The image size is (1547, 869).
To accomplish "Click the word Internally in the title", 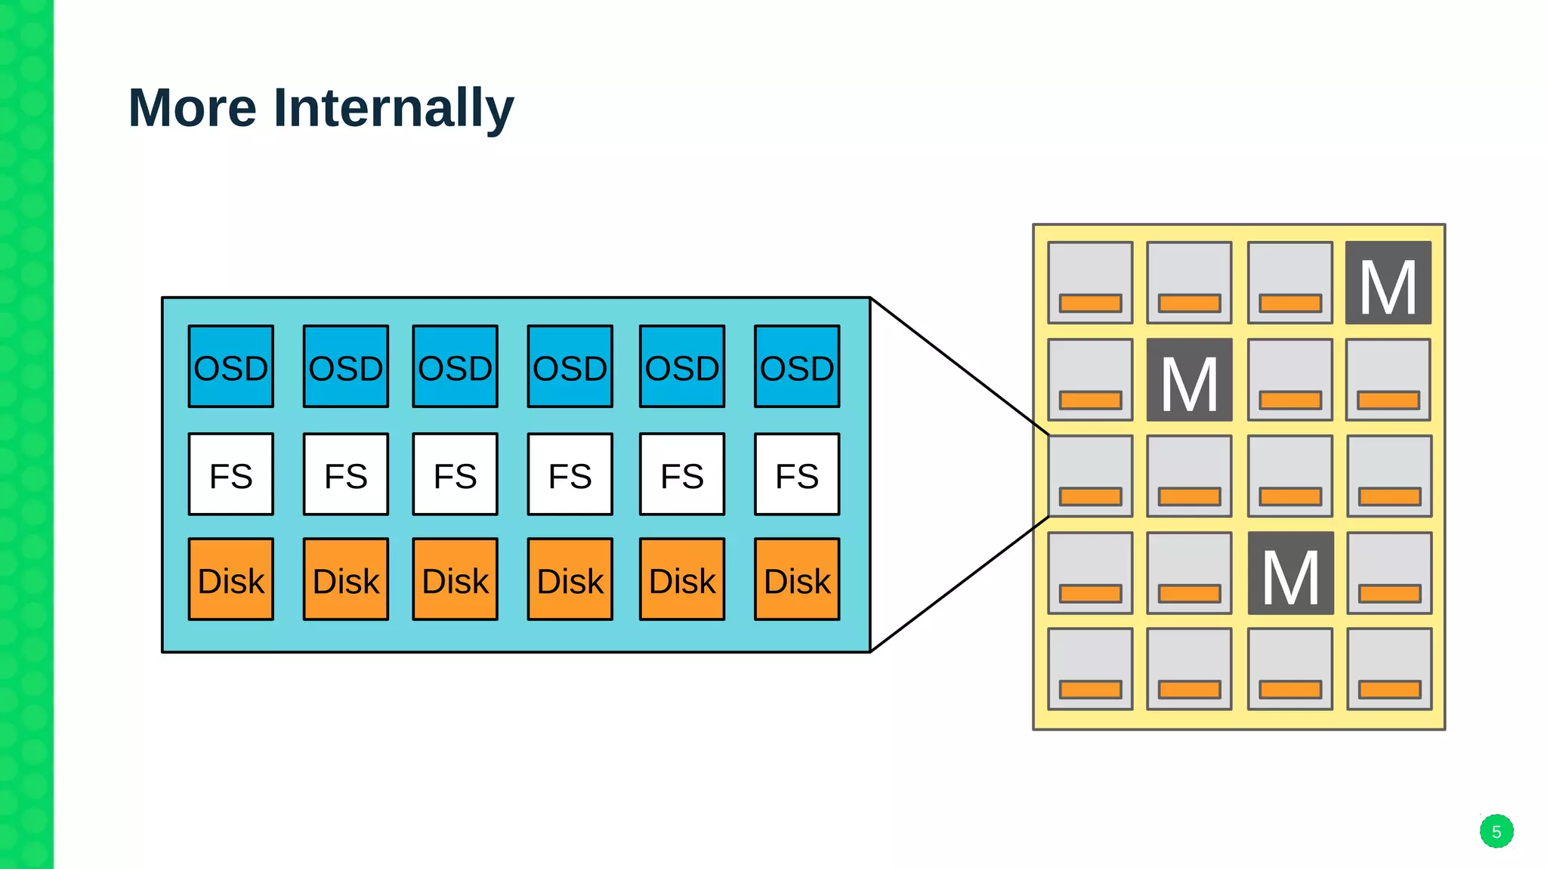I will tap(393, 108).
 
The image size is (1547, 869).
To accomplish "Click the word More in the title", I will tap(193, 108).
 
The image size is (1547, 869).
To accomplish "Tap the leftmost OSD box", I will tap(231, 366).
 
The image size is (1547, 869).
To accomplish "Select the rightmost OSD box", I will tap(797, 366).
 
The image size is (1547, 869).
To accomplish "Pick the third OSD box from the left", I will tap(455, 366).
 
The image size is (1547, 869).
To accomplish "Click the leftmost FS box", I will tap(231, 475).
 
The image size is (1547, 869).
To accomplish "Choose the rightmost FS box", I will tap(797, 475).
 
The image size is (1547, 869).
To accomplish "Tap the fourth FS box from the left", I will tap(570, 475).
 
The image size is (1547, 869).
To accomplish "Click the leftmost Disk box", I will tap(231, 580).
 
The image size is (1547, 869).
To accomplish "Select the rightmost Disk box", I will tap(797, 580).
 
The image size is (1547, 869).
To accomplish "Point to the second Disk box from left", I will tap(346, 580).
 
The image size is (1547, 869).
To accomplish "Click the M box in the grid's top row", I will tap(1388, 283).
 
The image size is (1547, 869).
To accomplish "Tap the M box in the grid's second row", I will tap(1190, 380).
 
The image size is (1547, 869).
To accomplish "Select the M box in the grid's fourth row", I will tap(1290, 573).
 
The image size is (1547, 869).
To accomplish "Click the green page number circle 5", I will tap(1496, 831).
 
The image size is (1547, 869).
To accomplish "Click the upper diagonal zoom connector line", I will tap(959, 366).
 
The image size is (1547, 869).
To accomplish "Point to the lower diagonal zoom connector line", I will tap(959, 584).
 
